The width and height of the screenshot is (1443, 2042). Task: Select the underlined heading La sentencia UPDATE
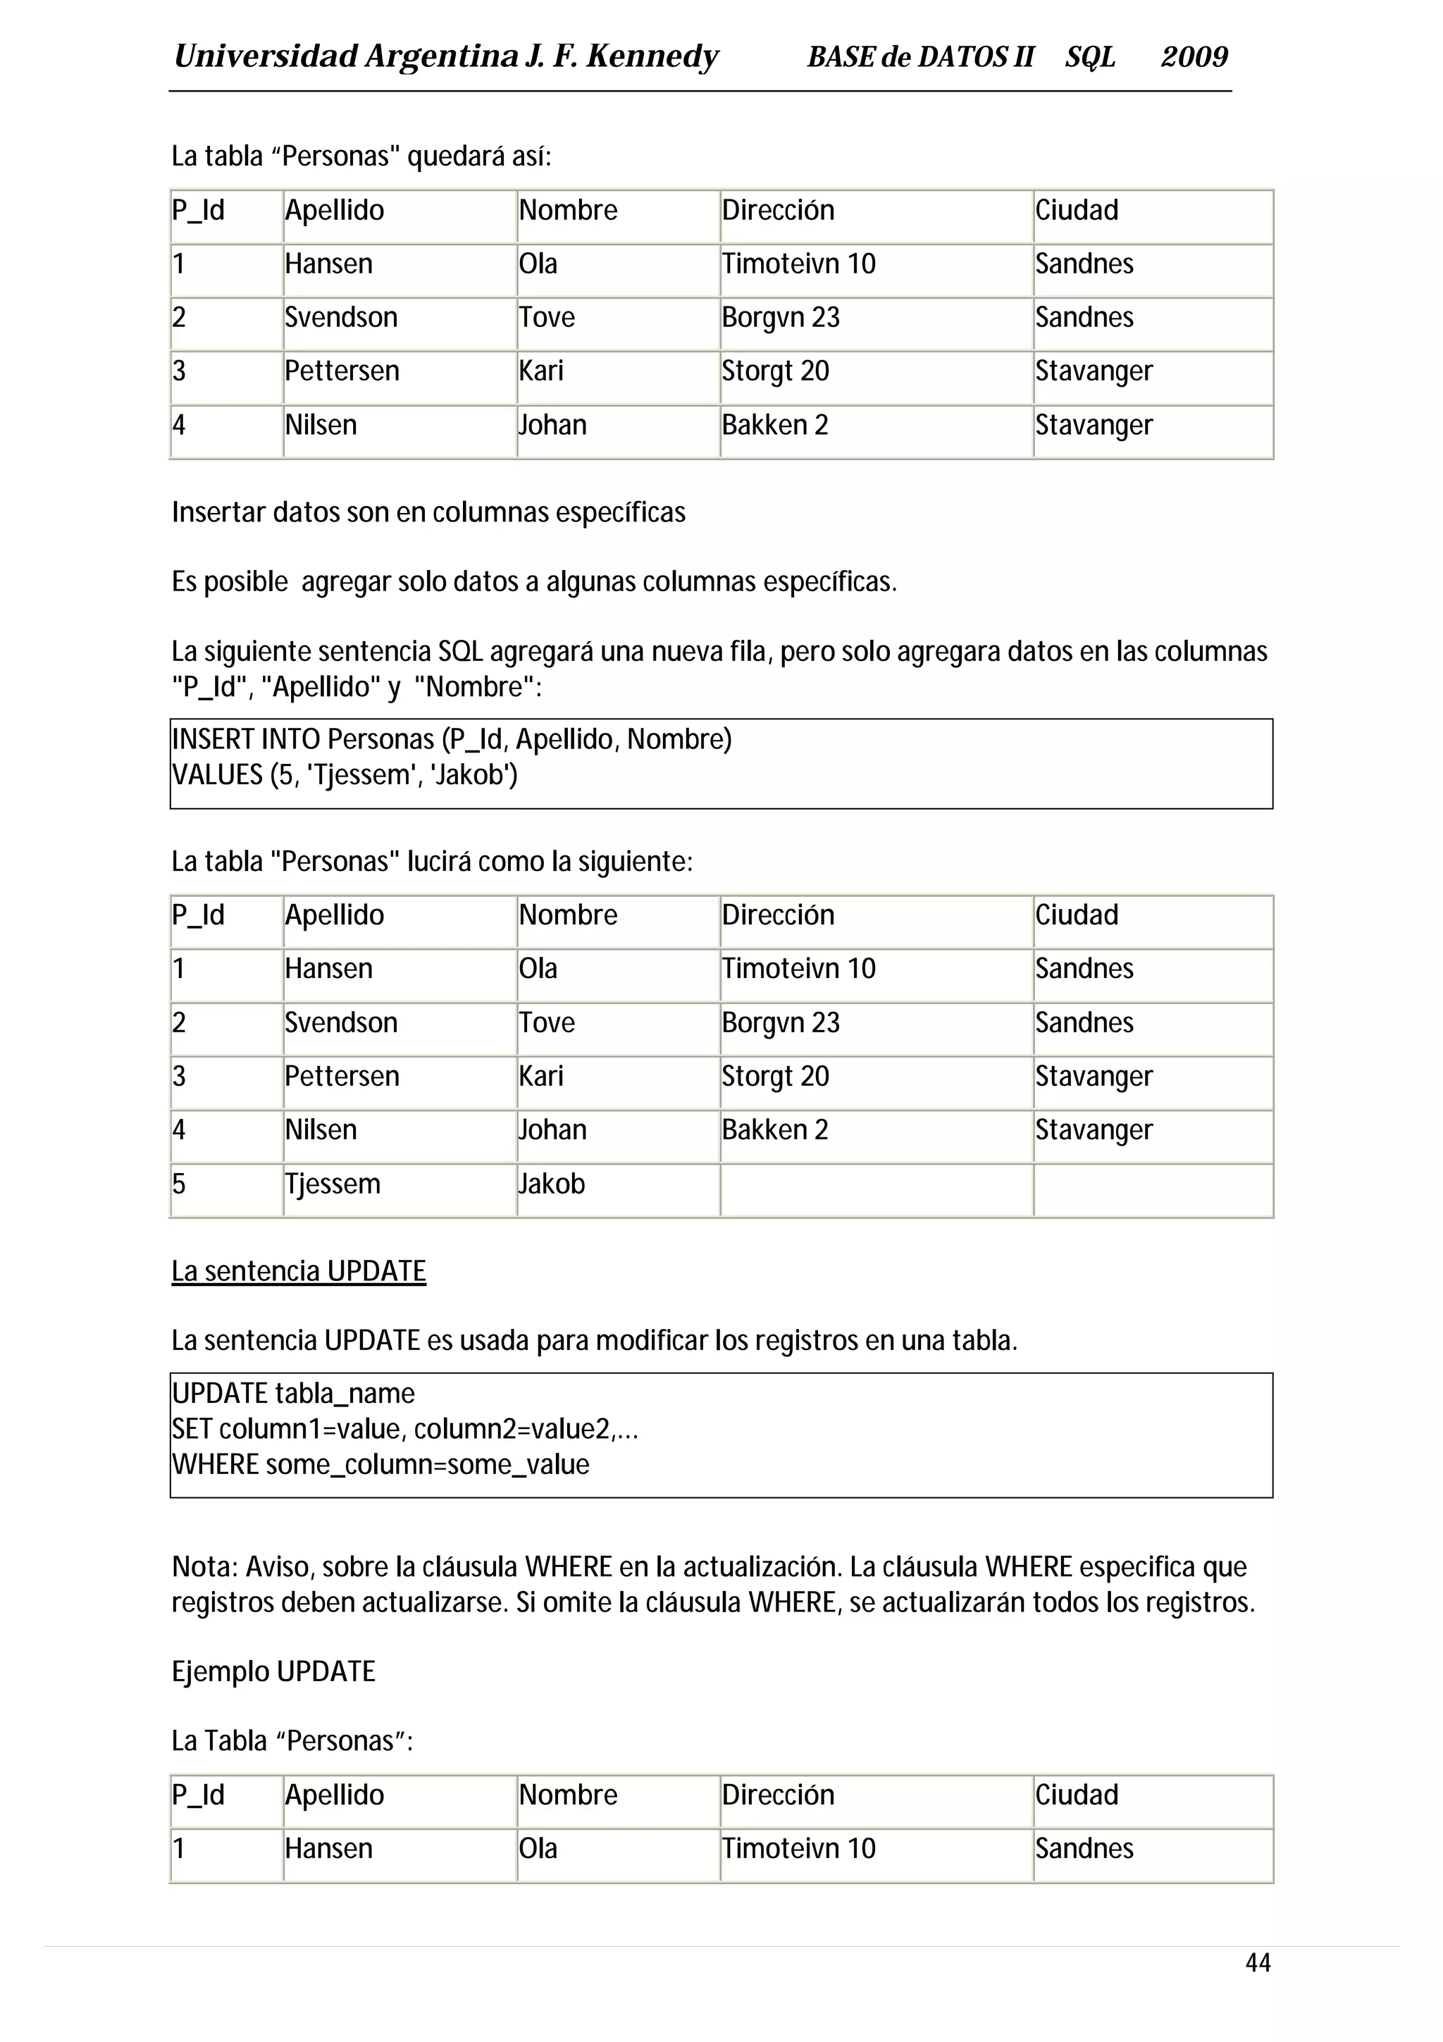click(299, 1271)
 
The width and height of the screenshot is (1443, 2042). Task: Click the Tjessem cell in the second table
click(333, 1184)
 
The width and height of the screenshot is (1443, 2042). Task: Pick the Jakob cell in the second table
click(552, 1184)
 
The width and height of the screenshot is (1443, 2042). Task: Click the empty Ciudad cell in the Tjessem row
click(1151, 1189)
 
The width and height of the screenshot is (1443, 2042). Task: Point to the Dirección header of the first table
click(777, 211)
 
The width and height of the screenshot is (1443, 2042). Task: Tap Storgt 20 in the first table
click(774, 371)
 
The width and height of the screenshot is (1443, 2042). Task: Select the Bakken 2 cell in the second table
click(774, 1130)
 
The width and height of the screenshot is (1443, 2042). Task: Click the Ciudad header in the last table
click(1076, 1795)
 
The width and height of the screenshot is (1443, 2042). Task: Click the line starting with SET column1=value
click(404, 1429)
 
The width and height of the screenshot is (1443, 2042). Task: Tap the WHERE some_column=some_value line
click(380, 1465)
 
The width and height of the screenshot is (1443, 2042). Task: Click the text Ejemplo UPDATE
click(273, 1671)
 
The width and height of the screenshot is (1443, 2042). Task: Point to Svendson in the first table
click(340, 318)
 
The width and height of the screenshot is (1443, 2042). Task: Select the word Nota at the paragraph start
click(204, 1567)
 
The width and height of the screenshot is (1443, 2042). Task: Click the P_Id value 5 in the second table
click(179, 1184)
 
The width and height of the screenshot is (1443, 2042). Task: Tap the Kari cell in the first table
click(540, 371)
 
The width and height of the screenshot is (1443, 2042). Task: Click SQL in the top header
click(1089, 57)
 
